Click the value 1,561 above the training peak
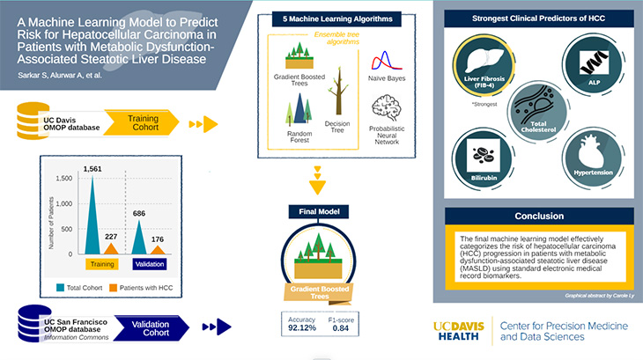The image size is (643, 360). click(x=92, y=168)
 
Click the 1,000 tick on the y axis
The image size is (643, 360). click(x=64, y=203)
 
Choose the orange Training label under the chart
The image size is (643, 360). click(x=101, y=263)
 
